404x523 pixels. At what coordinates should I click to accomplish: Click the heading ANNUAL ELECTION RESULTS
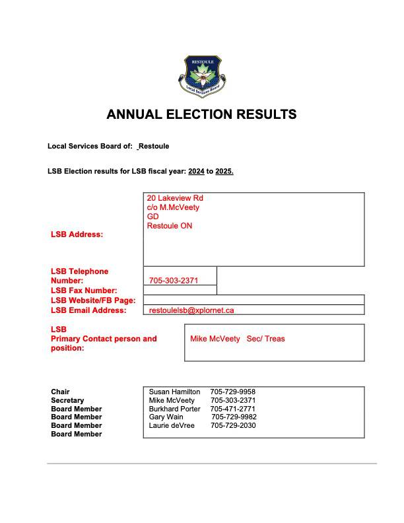201,114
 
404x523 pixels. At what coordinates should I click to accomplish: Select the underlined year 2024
196,172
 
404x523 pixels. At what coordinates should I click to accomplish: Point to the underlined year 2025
224,172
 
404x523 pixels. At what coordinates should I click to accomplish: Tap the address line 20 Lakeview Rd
175,198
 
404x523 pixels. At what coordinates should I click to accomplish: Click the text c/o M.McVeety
173,207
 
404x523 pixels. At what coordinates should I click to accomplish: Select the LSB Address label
77,234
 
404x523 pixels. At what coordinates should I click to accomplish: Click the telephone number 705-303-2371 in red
174,281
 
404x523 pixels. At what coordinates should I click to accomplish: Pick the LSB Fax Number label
84,291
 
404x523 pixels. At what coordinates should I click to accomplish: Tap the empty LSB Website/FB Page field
253,300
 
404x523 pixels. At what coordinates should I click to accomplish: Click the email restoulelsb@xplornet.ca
191,310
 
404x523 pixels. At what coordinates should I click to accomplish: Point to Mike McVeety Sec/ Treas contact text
238,339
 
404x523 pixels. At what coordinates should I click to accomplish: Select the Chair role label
60,392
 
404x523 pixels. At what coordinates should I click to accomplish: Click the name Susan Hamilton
174,392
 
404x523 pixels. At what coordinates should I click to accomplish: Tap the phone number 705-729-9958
232,392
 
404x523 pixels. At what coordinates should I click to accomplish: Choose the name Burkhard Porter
174,409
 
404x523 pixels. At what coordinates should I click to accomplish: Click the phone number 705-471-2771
233,409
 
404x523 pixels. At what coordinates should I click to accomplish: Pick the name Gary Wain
166,417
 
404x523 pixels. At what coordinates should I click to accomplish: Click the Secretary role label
67,400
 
